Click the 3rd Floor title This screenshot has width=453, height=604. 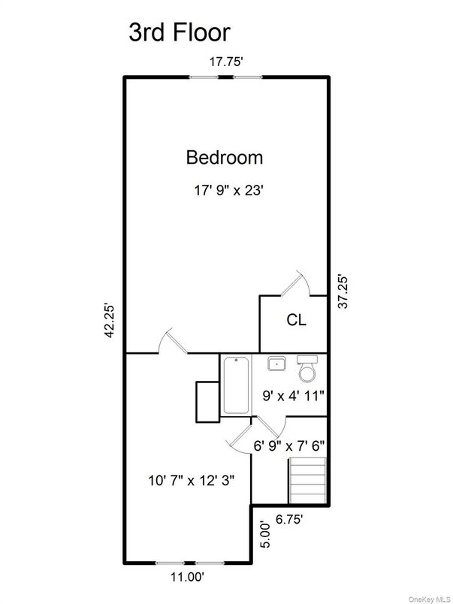(179, 32)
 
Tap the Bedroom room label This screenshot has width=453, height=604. (225, 158)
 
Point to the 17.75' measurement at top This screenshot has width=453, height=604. (226, 62)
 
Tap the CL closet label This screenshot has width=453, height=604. (297, 320)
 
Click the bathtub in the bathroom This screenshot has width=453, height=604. (236, 385)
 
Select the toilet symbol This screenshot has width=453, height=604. (308, 368)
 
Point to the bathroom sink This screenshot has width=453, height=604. (276, 364)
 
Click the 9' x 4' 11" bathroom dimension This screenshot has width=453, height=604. (292, 396)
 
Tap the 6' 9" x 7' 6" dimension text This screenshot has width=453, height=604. (288, 445)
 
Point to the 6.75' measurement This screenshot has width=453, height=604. (291, 518)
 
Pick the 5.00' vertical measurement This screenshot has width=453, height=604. (263, 535)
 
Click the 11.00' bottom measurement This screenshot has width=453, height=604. (184, 576)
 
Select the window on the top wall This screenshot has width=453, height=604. (225, 75)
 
